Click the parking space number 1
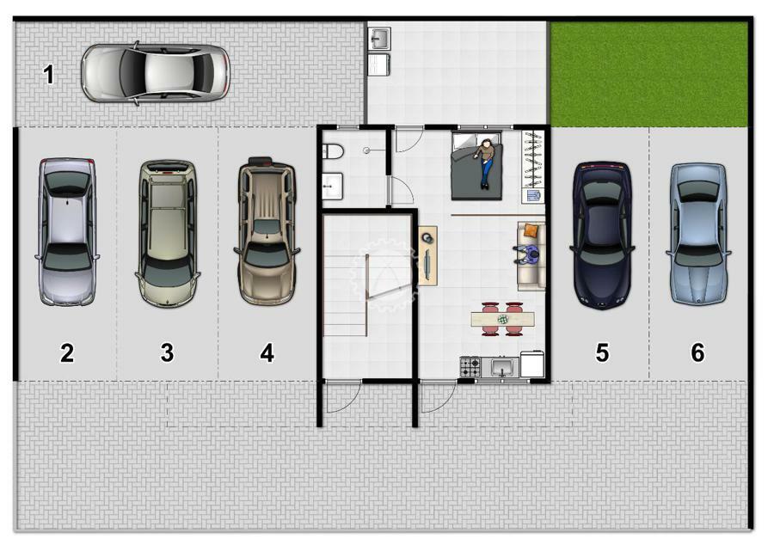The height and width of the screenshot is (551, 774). pyautogui.click(x=48, y=75)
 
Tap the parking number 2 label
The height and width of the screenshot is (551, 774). pyautogui.click(x=67, y=353)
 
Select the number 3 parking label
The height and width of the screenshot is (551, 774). pyautogui.click(x=168, y=353)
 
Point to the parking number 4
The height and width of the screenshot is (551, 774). pyautogui.click(x=267, y=353)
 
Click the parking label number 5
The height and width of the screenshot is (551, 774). pyautogui.click(x=602, y=353)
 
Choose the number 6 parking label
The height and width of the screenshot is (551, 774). pyautogui.click(x=697, y=353)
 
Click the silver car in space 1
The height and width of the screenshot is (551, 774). pyautogui.click(x=156, y=74)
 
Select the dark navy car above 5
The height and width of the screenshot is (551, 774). pyautogui.click(x=602, y=236)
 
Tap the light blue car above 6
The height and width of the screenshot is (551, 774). pyautogui.click(x=698, y=234)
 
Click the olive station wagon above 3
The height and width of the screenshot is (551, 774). pyautogui.click(x=168, y=233)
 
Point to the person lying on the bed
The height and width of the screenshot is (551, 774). pyautogui.click(x=485, y=162)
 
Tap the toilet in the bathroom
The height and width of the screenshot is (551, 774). pyautogui.click(x=332, y=151)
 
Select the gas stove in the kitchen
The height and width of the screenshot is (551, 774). pyautogui.click(x=470, y=367)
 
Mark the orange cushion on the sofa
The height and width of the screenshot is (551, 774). pyautogui.click(x=531, y=230)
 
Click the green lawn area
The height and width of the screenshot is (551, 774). pyautogui.click(x=648, y=74)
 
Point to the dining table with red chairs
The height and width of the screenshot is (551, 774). pyautogui.click(x=502, y=319)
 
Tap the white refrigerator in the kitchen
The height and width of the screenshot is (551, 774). pyautogui.click(x=532, y=364)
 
